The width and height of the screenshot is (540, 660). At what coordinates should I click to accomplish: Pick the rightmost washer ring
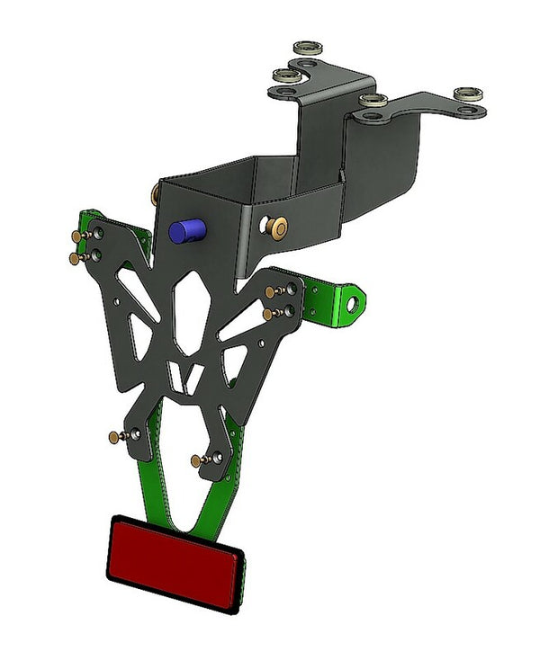tap(468, 94)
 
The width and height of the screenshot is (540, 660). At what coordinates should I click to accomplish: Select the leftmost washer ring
tap(286, 75)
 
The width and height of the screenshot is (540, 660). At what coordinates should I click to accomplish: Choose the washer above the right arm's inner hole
tap(372, 100)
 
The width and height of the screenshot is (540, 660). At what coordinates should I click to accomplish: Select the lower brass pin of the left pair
tap(75, 258)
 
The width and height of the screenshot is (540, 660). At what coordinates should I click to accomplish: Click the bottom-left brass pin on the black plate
tap(113, 437)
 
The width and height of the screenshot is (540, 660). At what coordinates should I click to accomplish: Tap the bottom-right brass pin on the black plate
tap(196, 460)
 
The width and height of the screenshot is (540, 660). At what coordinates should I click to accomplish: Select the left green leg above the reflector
tap(155, 476)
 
